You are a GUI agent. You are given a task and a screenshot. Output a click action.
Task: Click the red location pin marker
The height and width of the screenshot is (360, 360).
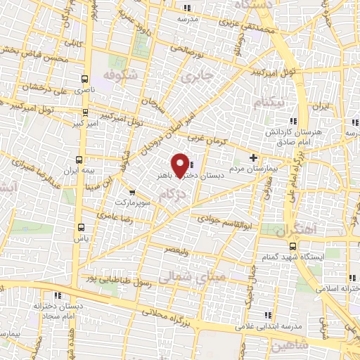pyautogui.click(x=181, y=165)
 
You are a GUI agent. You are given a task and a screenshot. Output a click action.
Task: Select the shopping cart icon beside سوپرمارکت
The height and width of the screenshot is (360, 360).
pyautogui.click(x=131, y=191)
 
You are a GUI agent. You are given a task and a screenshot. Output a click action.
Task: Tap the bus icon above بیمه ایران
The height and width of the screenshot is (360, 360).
pyautogui.click(x=79, y=160)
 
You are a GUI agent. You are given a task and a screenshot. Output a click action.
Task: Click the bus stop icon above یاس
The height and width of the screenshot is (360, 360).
pyautogui.click(x=81, y=227)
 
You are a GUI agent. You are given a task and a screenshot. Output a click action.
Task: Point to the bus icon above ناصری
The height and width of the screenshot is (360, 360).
pyautogui.click(x=85, y=79)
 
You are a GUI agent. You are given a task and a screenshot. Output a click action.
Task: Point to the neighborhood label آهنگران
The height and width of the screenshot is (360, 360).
pyautogui.click(x=296, y=230)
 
